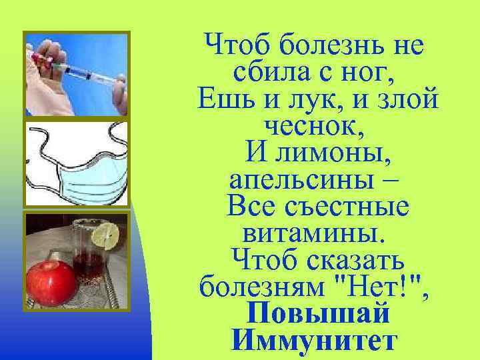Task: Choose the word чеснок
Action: (318, 126)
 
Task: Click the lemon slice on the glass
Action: (106, 235)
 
